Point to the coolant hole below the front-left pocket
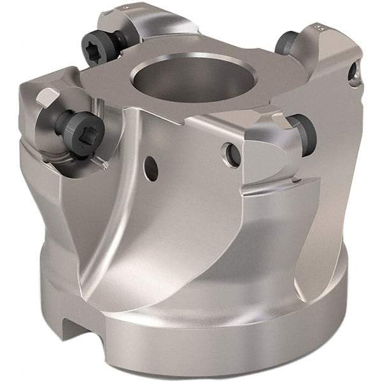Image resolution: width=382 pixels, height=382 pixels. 151,167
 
